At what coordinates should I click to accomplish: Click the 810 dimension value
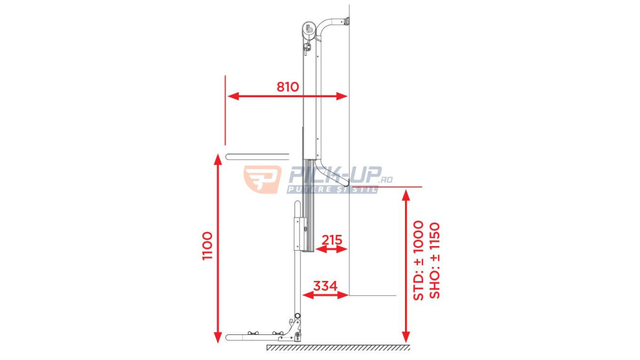[x=288, y=87]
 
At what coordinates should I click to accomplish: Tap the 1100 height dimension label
[x=208, y=245]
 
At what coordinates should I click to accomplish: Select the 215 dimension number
[x=332, y=240]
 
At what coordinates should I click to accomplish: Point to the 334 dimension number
[x=325, y=286]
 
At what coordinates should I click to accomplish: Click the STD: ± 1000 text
[x=419, y=261]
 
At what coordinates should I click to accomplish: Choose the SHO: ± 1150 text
[x=436, y=261]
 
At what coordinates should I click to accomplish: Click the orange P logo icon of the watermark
[x=262, y=179]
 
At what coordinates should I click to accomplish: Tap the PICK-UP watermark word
[x=334, y=175]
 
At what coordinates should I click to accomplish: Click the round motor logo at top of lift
[x=309, y=29]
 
